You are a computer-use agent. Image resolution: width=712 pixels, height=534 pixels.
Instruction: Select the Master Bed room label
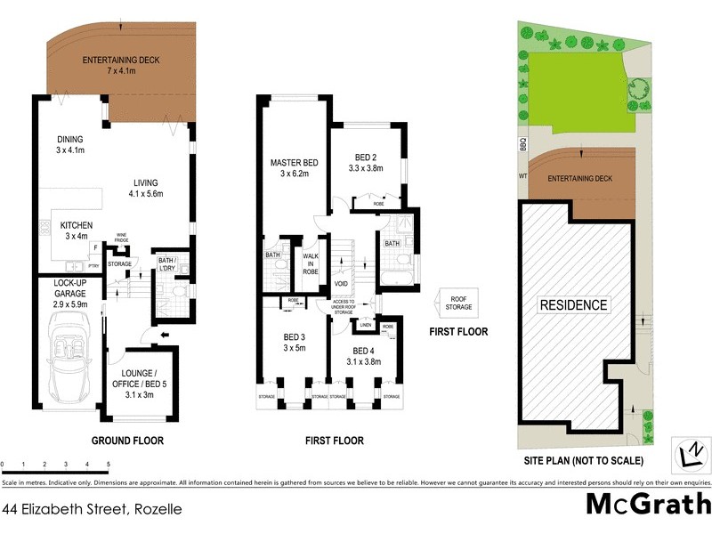294,168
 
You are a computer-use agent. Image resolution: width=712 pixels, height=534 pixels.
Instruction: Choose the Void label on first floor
341,284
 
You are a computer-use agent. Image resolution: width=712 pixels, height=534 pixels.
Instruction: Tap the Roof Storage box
459,303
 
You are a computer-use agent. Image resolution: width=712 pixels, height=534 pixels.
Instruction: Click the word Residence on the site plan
574,305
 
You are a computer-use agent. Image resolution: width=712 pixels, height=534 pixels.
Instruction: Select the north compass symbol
689,452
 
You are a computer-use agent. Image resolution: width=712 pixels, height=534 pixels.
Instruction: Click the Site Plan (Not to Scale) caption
584,461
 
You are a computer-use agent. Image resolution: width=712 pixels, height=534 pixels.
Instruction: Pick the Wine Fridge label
122,239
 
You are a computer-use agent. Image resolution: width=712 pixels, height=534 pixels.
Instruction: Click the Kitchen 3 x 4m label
77,231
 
